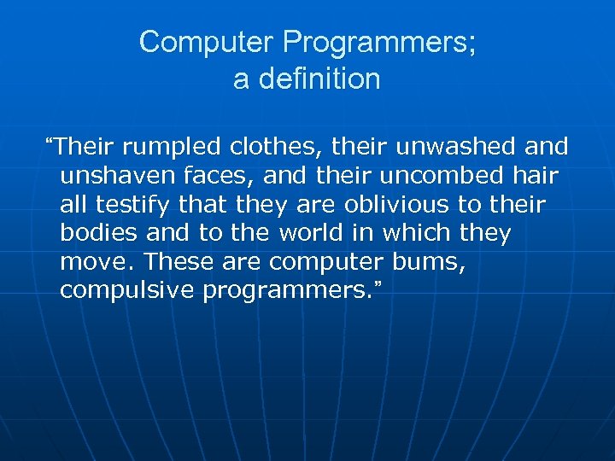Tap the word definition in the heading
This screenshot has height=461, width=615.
coord(320,79)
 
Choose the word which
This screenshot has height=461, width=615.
coord(416,234)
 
